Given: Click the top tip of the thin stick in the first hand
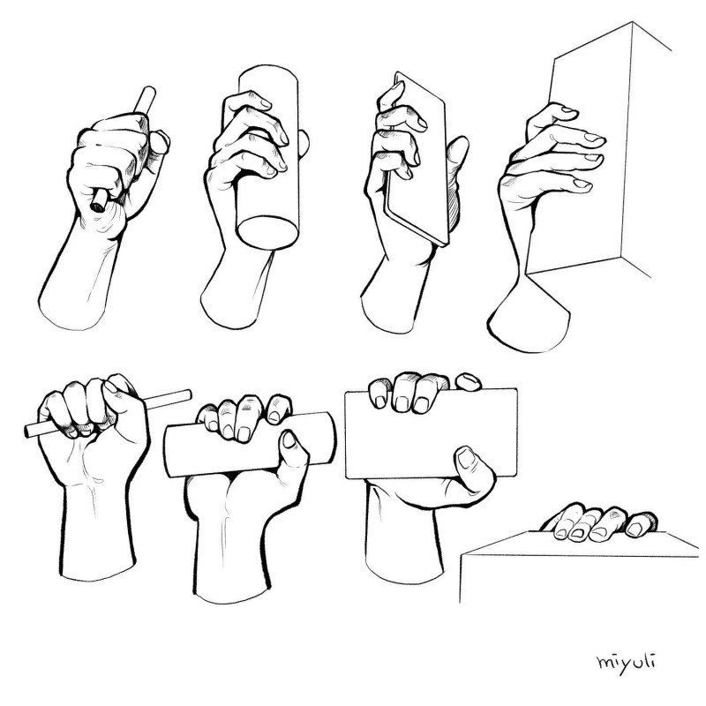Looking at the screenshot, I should pyautogui.click(x=148, y=92).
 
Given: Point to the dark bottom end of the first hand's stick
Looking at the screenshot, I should pyautogui.click(x=95, y=206).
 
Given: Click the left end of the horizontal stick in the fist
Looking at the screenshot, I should pyautogui.click(x=30, y=432).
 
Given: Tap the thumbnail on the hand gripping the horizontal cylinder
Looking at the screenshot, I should pyautogui.click(x=288, y=440).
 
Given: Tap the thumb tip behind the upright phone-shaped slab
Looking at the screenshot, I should pyautogui.click(x=460, y=143).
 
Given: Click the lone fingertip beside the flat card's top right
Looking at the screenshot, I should pyautogui.click(x=468, y=381).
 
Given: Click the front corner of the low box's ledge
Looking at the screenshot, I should pyautogui.click(x=462, y=559).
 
